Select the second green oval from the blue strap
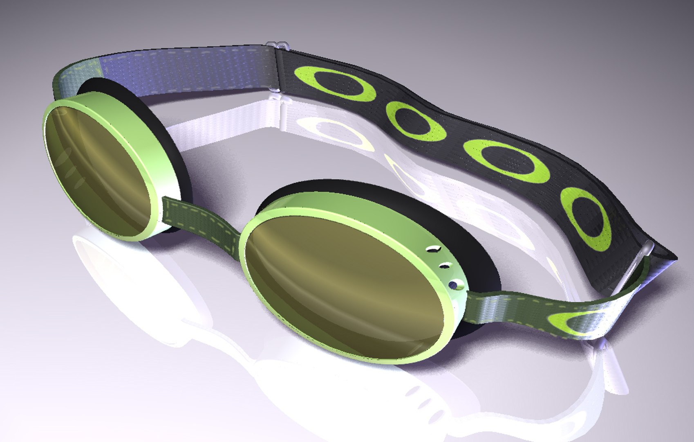415,121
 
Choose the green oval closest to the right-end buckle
586,219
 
